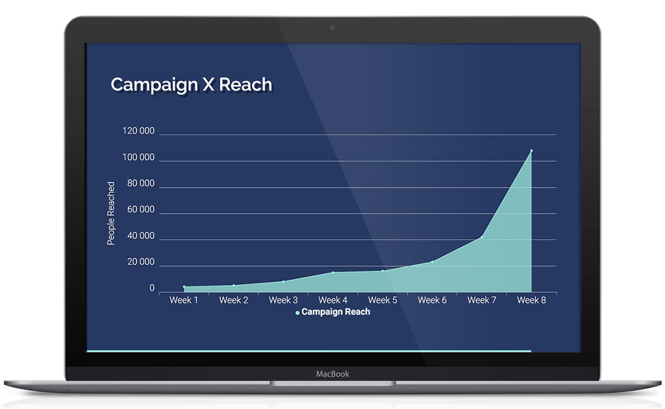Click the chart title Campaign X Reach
(x=191, y=84)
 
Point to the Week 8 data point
(x=531, y=151)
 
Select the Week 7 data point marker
(x=481, y=237)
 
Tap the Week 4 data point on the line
(x=333, y=272)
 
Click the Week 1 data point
(x=184, y=286)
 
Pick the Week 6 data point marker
(x=432, y=262)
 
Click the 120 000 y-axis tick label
(x=138, y=131)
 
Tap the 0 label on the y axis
(x=152, y=288)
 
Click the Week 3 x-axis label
(x=283, y=300)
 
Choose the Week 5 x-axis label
(x=383, y=300)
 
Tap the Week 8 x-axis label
(x=531, y=300)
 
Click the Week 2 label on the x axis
(x=234, y=300)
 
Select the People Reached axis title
(x=111, y=213)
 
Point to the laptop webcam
(x=332, y=27)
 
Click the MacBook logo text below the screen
(x=332, y=374)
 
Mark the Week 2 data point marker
(x=234, y=285)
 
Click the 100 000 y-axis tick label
(x=138, y=158)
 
